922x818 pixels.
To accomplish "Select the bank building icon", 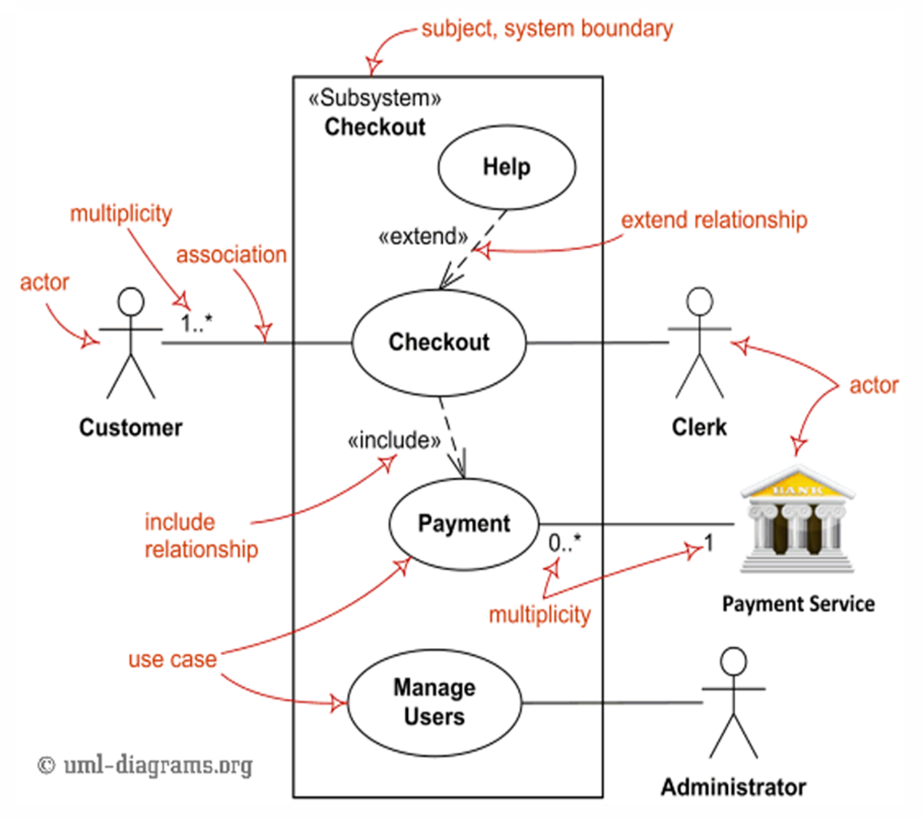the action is [x=798, y=519].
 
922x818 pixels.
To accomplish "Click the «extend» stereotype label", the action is [x=423, y=237].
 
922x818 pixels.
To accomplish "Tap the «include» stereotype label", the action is [x=394, y=441].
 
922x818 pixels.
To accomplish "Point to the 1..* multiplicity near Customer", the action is [x=196, y=323].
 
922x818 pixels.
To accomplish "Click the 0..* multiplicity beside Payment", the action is [x=565, y=542].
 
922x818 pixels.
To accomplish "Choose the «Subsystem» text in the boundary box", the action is [x=374, y=98].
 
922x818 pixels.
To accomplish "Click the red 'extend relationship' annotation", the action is [x=714, y=220].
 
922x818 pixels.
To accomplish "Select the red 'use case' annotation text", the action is [x=172, y=659].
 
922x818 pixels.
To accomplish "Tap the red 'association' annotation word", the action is [x=231, y=254].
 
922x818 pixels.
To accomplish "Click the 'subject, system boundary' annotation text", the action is [x=547, y=28].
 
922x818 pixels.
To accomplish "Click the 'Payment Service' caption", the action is [x=798, y=604].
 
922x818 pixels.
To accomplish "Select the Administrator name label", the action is [x=733, y=787].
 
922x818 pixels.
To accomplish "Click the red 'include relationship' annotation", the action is [x=201, y=535].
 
